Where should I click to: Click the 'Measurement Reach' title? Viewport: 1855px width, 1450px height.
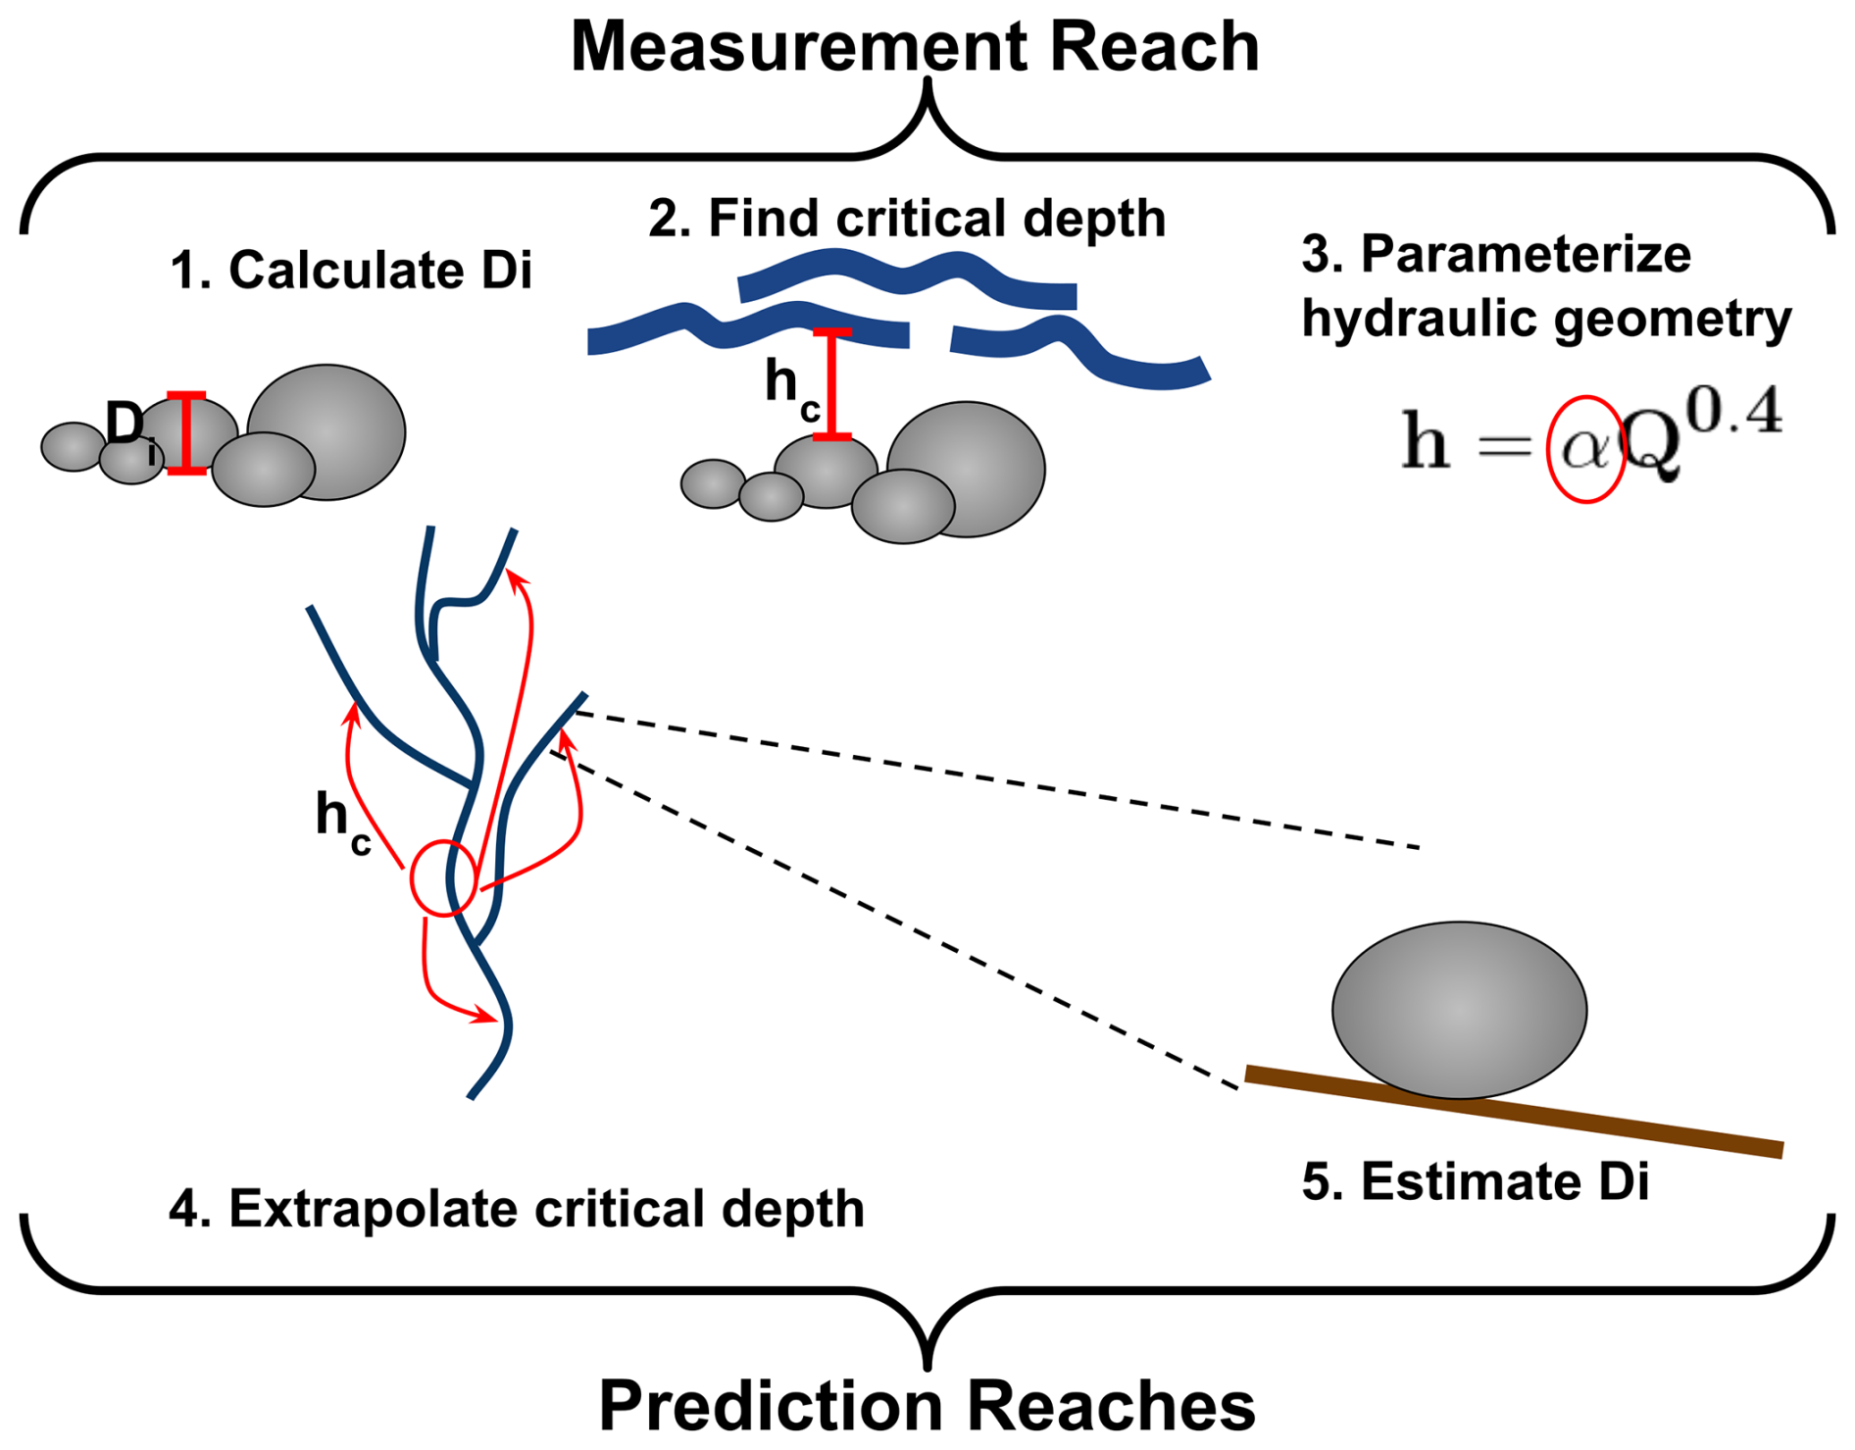point(914,46)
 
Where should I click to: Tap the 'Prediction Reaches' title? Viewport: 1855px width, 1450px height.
point(927,1405)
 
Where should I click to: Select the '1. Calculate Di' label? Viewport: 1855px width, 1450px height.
point(350,270)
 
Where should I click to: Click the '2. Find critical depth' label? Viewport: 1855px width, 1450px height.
point(907,218)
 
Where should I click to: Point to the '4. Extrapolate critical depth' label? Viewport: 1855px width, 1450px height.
point(517,1208)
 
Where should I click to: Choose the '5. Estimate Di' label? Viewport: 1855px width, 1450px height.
point(1475,1180)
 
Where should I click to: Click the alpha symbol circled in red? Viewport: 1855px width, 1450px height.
point(1584,449)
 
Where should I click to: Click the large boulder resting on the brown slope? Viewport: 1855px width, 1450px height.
point(1459,1009)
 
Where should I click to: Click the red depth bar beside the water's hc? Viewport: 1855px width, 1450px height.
point(832,384)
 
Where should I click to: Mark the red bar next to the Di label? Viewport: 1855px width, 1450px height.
point(186,433)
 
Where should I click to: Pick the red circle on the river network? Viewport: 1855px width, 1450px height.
point(444,877)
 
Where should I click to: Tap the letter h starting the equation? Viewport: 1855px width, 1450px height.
point(1426,441)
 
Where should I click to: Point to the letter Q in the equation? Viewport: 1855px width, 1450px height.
point(1653,446)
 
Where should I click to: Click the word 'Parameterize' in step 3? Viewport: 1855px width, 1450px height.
point(1526,254)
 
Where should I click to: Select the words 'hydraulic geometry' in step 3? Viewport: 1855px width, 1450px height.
point(1546,319)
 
